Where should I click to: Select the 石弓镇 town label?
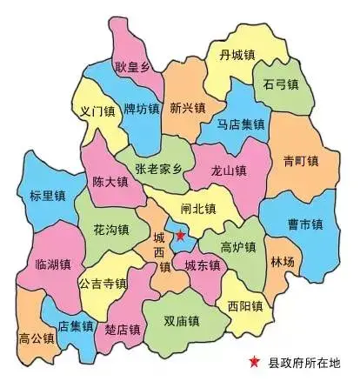(x=280, y=85)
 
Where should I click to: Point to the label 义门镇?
(x=97, y=111)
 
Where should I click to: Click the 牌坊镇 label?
(x=141, y=110)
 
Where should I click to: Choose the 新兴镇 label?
(x=187, y=109)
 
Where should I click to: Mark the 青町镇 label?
(x=301, y=161)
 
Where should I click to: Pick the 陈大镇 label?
(x=110, y=183)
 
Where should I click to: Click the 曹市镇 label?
(x=305, y=224)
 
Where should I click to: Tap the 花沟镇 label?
(x=110, y=231)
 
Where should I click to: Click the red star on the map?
(x=180, y=235)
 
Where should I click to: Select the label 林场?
(x=283, y=261)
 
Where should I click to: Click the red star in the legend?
(x=253, y=363)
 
